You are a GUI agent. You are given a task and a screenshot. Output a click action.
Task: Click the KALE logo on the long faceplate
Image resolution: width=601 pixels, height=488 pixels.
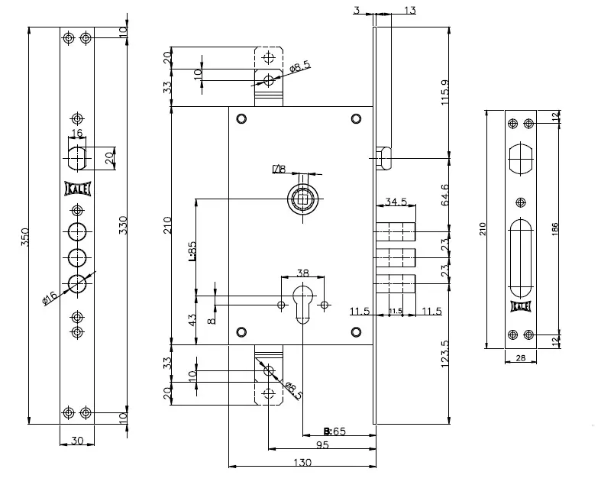coord(76,188)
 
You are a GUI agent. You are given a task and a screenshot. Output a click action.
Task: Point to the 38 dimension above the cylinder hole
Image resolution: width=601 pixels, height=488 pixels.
coord(302,273)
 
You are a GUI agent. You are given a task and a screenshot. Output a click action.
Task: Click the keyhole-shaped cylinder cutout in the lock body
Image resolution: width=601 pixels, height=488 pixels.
coord(304,302)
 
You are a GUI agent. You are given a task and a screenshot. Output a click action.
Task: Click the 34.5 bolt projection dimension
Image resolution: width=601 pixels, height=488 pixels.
coord(396,202)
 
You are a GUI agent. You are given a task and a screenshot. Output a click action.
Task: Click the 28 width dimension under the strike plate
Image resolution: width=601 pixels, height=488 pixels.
coord(521,358)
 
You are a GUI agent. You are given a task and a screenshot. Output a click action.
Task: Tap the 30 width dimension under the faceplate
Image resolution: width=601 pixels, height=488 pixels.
coord(76,440)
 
